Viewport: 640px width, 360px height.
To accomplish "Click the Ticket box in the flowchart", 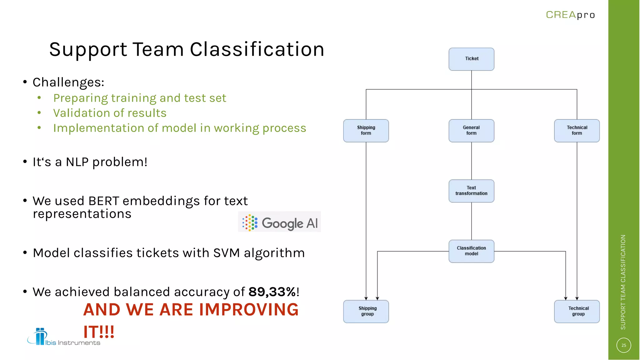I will pos(471,59).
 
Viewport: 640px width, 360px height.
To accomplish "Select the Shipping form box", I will pos(366,131).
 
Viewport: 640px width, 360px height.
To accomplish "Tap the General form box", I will pos(471,131).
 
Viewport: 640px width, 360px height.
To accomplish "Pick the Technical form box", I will pos(577,131).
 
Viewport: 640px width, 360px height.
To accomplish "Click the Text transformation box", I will pos(471,191).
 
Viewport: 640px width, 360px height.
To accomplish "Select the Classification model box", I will pos(471,251).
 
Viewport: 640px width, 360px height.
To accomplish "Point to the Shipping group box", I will pos(366,311).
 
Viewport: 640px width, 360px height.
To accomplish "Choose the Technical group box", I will pos(577,311).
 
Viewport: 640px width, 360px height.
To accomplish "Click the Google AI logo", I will pos(279,222).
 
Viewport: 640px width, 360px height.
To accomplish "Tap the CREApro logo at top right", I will pos(570,15).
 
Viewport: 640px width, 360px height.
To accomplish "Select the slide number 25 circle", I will pos(623,345).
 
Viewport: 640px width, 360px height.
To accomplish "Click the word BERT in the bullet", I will pos(104,201).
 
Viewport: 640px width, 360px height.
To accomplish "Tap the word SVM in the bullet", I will pos(226,253).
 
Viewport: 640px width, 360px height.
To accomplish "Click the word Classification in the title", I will pos(257,49).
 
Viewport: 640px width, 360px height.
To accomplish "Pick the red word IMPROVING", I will pos(249,310).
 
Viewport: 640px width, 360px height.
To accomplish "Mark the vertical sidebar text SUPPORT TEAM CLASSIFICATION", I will pos(623,282).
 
